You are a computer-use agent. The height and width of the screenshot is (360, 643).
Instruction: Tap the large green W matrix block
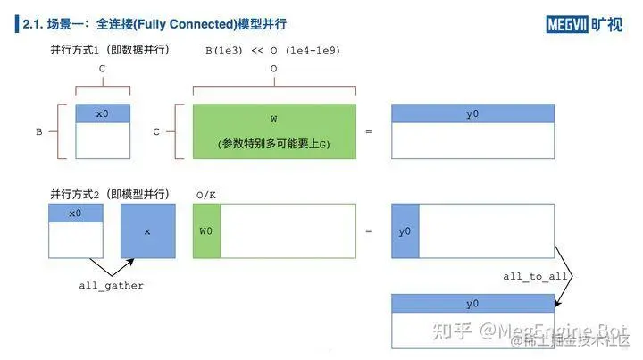click(274, 118)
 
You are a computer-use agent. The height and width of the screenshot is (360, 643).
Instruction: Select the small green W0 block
click(206, 231)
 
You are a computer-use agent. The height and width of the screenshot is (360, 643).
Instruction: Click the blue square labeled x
click(148, 231)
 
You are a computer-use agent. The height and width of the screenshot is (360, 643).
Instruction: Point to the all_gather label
click(112, 285)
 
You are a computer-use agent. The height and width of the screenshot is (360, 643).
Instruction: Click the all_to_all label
click(535, 277)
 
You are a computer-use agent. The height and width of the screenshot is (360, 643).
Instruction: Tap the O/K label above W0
click(205, 194)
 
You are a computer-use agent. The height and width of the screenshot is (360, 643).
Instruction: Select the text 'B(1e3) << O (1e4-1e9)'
click(272, 49)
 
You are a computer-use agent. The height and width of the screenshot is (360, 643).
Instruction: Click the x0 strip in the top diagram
click(103, 113)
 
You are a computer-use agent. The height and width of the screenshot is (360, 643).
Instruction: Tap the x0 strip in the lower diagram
click(75, 213)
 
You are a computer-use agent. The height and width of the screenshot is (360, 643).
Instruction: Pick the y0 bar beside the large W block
click(472, 113)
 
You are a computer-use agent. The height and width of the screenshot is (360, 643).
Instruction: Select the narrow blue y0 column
click(405, 231)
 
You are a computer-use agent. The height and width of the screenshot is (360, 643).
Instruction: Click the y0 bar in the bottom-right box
click(472, 304)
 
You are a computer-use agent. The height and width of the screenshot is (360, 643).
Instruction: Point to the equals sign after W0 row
click(368, 231)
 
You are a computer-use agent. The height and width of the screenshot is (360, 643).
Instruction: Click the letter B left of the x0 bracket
click(39, 131)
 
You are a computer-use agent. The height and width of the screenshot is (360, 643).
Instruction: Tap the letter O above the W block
click(273, 68)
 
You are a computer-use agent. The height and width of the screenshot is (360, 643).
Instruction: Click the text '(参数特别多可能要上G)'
click(274, 144)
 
